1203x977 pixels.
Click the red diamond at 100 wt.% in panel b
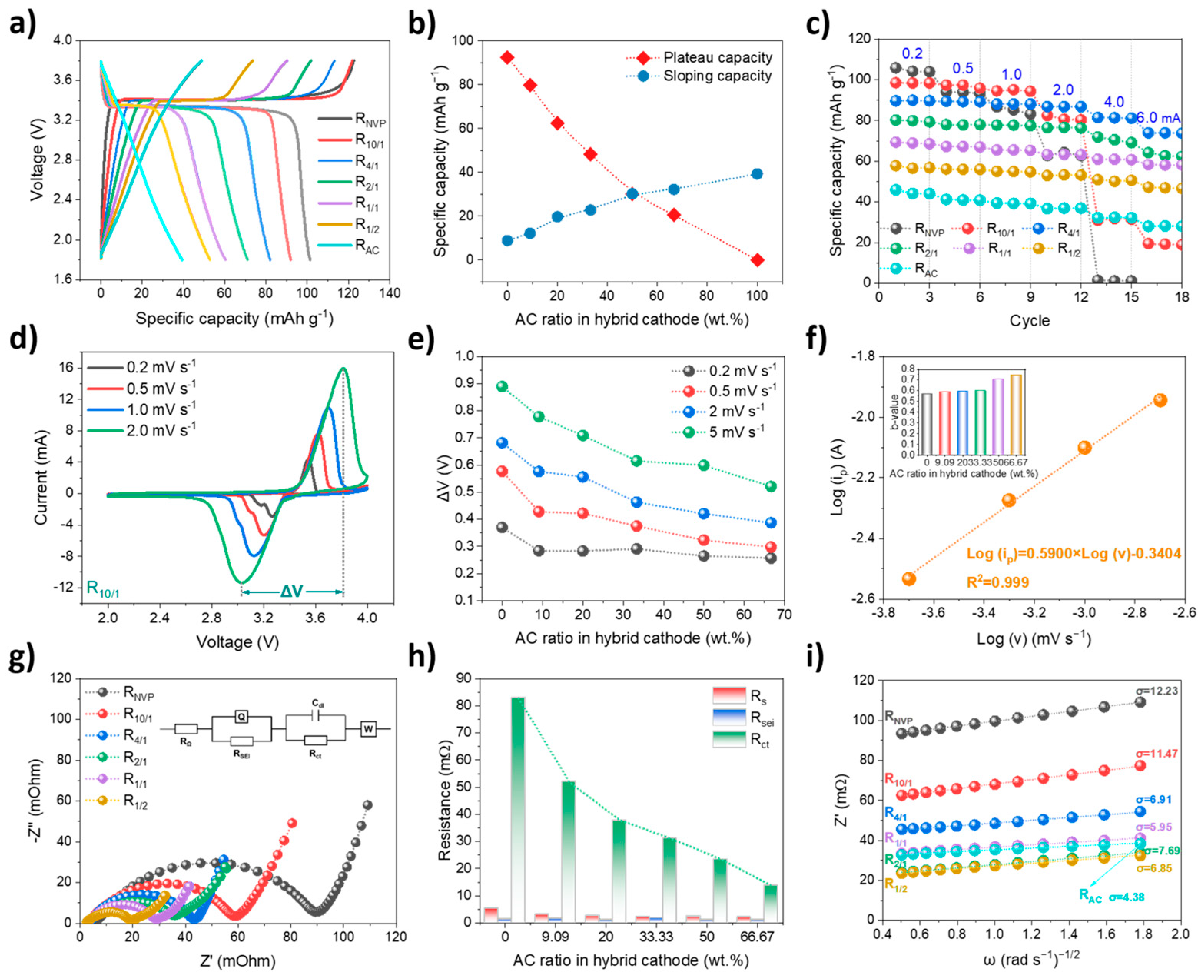(x=757, y=260)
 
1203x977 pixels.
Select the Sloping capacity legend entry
(x=717, y=76)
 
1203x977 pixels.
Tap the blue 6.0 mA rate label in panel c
(x=1158, y=118)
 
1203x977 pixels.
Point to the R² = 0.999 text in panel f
(x=997, y=582)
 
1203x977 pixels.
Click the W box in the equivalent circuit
(x=368, y=729)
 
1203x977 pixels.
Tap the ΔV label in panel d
(x=292, y=591)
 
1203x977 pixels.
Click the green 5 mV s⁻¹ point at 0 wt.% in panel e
(x=502, y=387)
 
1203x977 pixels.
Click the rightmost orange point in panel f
(x=1160, y=400)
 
